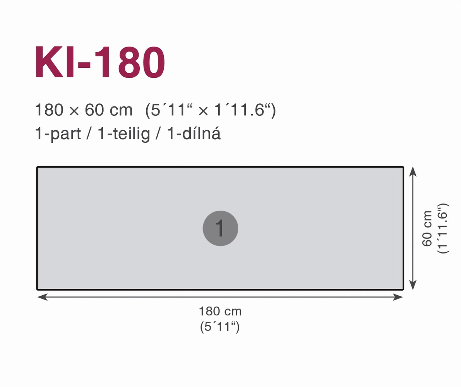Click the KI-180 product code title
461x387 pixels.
click(99, 62)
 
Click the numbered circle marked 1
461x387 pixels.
click(221, 228)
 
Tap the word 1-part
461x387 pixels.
click(58, 134)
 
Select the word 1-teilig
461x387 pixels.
click(124, 134)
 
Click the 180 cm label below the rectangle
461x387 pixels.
click(220, 311)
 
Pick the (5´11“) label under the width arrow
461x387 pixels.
click(220, 327)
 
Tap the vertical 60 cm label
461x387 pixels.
click(427, 228)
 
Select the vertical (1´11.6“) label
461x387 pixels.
click(442, 228)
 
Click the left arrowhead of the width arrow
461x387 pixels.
click(42, 297)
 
